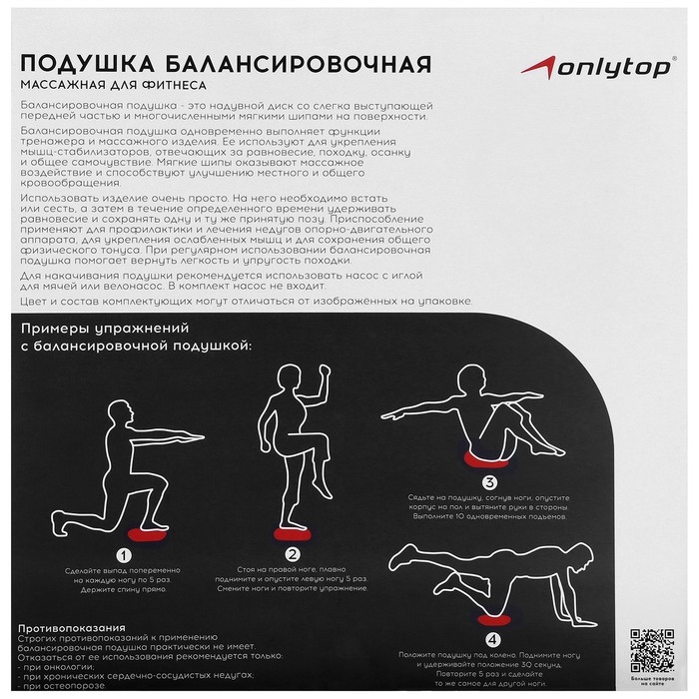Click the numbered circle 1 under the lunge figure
[x=125, y=557]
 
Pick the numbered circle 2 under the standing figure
[x=293, y=557]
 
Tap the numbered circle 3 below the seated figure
[x=488, y=483]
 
